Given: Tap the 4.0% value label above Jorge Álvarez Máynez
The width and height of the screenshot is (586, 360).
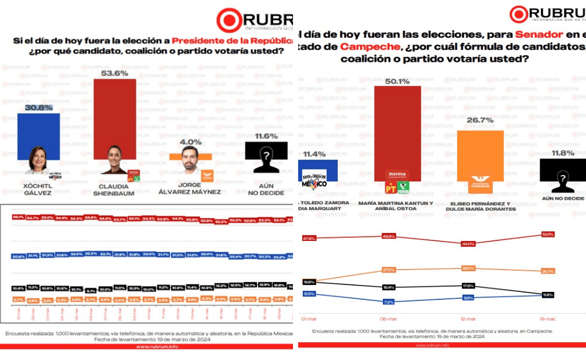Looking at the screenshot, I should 191,142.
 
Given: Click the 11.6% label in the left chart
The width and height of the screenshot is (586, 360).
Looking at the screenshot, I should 266,136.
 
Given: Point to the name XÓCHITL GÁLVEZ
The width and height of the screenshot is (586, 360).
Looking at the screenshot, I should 38,189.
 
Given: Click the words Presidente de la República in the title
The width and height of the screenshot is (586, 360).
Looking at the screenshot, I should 232,41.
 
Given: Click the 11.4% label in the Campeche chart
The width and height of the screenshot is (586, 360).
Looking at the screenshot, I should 314,154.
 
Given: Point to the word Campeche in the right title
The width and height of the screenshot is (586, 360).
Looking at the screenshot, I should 366,46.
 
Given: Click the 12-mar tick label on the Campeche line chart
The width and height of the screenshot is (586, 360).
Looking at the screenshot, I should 468,319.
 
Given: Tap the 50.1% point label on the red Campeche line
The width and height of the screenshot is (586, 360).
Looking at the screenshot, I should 548,234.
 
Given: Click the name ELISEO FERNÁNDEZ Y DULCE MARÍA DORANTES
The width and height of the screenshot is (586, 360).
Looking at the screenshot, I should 480,205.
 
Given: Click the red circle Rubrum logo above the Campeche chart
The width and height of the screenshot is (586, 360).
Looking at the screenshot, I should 518,14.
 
